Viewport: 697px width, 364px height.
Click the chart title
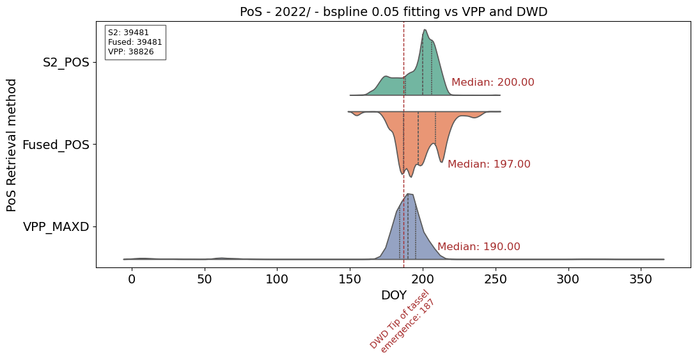click(393, 12)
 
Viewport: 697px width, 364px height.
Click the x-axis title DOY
click(393, 295)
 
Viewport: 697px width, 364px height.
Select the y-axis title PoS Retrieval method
click(12, 145)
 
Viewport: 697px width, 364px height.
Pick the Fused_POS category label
click(56, 145)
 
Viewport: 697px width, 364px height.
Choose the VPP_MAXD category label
click(56, 226)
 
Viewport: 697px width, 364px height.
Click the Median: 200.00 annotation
click(492, 83)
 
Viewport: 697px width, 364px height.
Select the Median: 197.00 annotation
click(489, 164)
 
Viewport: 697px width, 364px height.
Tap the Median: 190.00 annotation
click(478, 246)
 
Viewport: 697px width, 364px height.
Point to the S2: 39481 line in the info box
click(127, 33)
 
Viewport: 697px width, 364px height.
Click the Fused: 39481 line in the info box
click(135, 42)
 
